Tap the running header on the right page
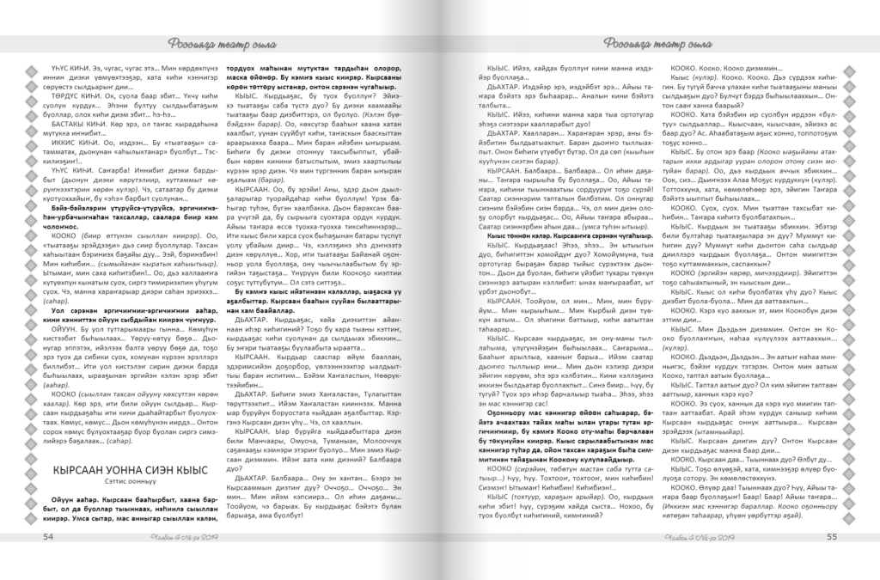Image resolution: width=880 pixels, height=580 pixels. (643, 44)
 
